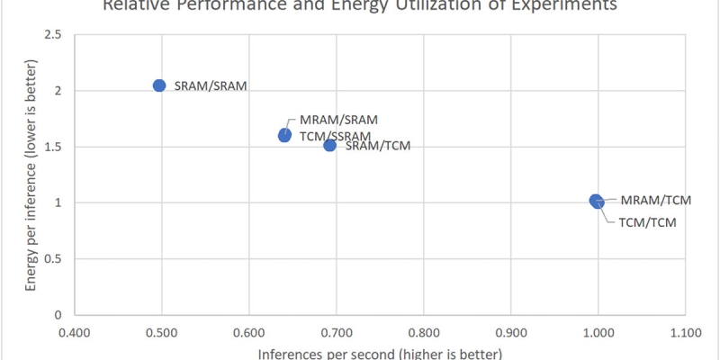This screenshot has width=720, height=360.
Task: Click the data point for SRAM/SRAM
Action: tap(159, 85)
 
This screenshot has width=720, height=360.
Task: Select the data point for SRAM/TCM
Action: tap(329, 145)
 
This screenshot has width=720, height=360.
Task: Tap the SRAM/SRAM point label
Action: tap(211, 86)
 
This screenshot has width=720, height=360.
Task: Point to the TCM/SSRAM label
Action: tap(334, 136)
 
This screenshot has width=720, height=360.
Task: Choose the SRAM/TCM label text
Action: tap(378, 146)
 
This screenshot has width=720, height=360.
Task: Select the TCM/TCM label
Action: tap(647, 221)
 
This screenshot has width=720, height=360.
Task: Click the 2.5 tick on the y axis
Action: tap(55, 35)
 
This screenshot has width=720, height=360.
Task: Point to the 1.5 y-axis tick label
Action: tap(55, 147)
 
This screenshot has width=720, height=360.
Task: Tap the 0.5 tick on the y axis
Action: tap(55, 259)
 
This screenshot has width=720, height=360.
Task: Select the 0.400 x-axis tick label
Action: tap(74, 332)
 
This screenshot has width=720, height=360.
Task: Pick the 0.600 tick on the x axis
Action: tap(248, 332)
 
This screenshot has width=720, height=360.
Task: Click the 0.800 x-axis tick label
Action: tap(423, 332)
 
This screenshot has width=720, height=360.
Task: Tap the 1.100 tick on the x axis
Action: tap(685, 332)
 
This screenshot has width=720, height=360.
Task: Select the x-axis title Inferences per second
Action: tap(380, 353)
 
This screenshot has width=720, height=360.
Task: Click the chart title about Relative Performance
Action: tap(360, 5)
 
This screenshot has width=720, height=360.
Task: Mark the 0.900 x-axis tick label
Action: tap(510, 332)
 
